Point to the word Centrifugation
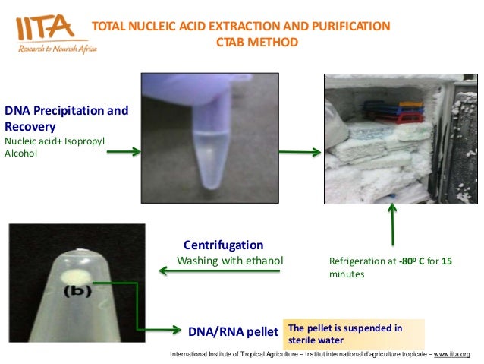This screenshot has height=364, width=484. (224, 245)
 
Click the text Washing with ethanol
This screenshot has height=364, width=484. (229, 261)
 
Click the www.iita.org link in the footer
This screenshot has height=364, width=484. (452, 355)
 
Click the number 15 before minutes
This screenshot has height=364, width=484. (447, 261)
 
